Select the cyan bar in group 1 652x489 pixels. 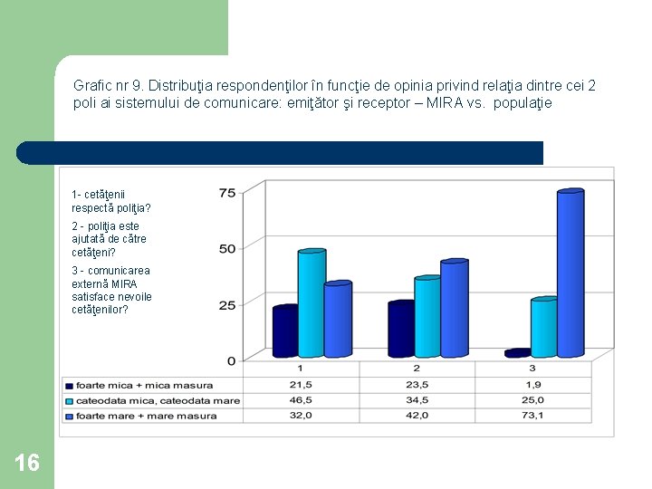tap(311, 303)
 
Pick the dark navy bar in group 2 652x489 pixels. tap(399, 330)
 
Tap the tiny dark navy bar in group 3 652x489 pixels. tap(517, 353)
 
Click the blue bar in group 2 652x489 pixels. tap(454, 309)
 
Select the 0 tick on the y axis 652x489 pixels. tap(231, 360)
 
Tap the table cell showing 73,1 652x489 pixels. tap(532, 416)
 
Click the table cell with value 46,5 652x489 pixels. tap(301, 399)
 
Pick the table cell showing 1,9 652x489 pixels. tap(532, 384)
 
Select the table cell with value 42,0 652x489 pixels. tap(417, 416)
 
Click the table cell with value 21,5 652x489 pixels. tap(301, 384)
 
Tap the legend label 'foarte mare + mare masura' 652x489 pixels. tap(146, 416)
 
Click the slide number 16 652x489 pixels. tap(27, 464)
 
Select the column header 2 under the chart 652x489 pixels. tap(417, 369)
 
